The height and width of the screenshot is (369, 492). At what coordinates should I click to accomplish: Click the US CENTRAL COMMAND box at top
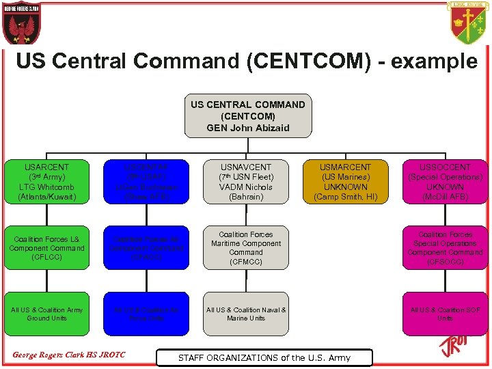coord(247,116)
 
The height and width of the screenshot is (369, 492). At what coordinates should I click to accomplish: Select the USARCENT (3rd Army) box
coord(47,181)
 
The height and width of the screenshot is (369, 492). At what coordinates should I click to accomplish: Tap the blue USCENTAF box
coord(146,181)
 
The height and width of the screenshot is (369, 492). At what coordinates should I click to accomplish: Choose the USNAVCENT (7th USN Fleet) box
coord(245,181)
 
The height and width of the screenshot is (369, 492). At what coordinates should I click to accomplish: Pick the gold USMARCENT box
coord(345,181)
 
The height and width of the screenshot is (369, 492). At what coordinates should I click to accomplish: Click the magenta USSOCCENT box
coord(445,181)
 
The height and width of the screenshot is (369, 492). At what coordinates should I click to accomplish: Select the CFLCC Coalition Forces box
coord(47,247)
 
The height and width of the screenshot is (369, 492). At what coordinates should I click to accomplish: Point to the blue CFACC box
coord(146,247)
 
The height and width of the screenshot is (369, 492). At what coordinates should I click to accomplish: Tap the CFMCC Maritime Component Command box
coord(245,247)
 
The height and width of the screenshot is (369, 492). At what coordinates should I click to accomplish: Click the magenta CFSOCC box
coord(445,247)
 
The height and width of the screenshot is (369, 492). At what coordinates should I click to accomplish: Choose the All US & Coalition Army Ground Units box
coord(47,314)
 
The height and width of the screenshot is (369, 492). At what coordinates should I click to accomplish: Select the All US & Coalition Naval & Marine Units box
coord(245,314)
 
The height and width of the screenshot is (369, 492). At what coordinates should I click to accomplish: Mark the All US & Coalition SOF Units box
coord(445,314)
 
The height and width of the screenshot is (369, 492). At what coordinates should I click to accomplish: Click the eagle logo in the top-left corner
coord(21,24)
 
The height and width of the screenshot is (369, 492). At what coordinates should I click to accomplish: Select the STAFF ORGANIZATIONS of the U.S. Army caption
coord(264,357)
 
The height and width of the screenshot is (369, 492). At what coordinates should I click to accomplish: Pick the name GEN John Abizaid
coord(247,128)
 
